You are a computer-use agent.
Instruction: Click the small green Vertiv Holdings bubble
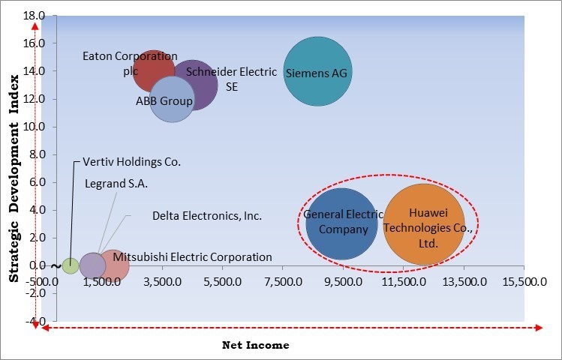70,265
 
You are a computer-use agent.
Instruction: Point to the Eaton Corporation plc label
130,63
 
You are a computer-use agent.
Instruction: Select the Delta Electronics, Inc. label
206,216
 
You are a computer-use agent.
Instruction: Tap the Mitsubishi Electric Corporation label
192,257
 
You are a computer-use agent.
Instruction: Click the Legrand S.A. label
116,183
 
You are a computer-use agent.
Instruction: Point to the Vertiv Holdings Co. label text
131,161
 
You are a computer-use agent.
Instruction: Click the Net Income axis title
255,345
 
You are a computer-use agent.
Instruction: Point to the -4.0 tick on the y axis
35,321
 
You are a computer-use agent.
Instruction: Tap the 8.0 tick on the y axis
35,154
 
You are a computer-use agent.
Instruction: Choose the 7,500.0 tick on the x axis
281,282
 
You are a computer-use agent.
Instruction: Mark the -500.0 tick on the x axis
45,282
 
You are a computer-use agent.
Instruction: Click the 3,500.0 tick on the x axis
162,282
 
